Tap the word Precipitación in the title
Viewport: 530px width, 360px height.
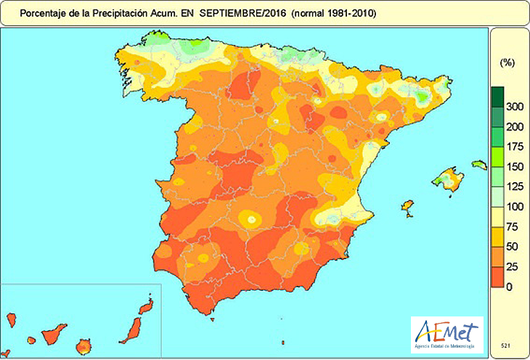[x=134, y=13]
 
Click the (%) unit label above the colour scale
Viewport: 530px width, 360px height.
[x=507, y=63]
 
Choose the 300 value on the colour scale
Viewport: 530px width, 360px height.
[x=514, y=107]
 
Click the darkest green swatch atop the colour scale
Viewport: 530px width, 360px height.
[x=497, y=97]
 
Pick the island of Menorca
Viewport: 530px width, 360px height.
[x=478, y=165]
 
